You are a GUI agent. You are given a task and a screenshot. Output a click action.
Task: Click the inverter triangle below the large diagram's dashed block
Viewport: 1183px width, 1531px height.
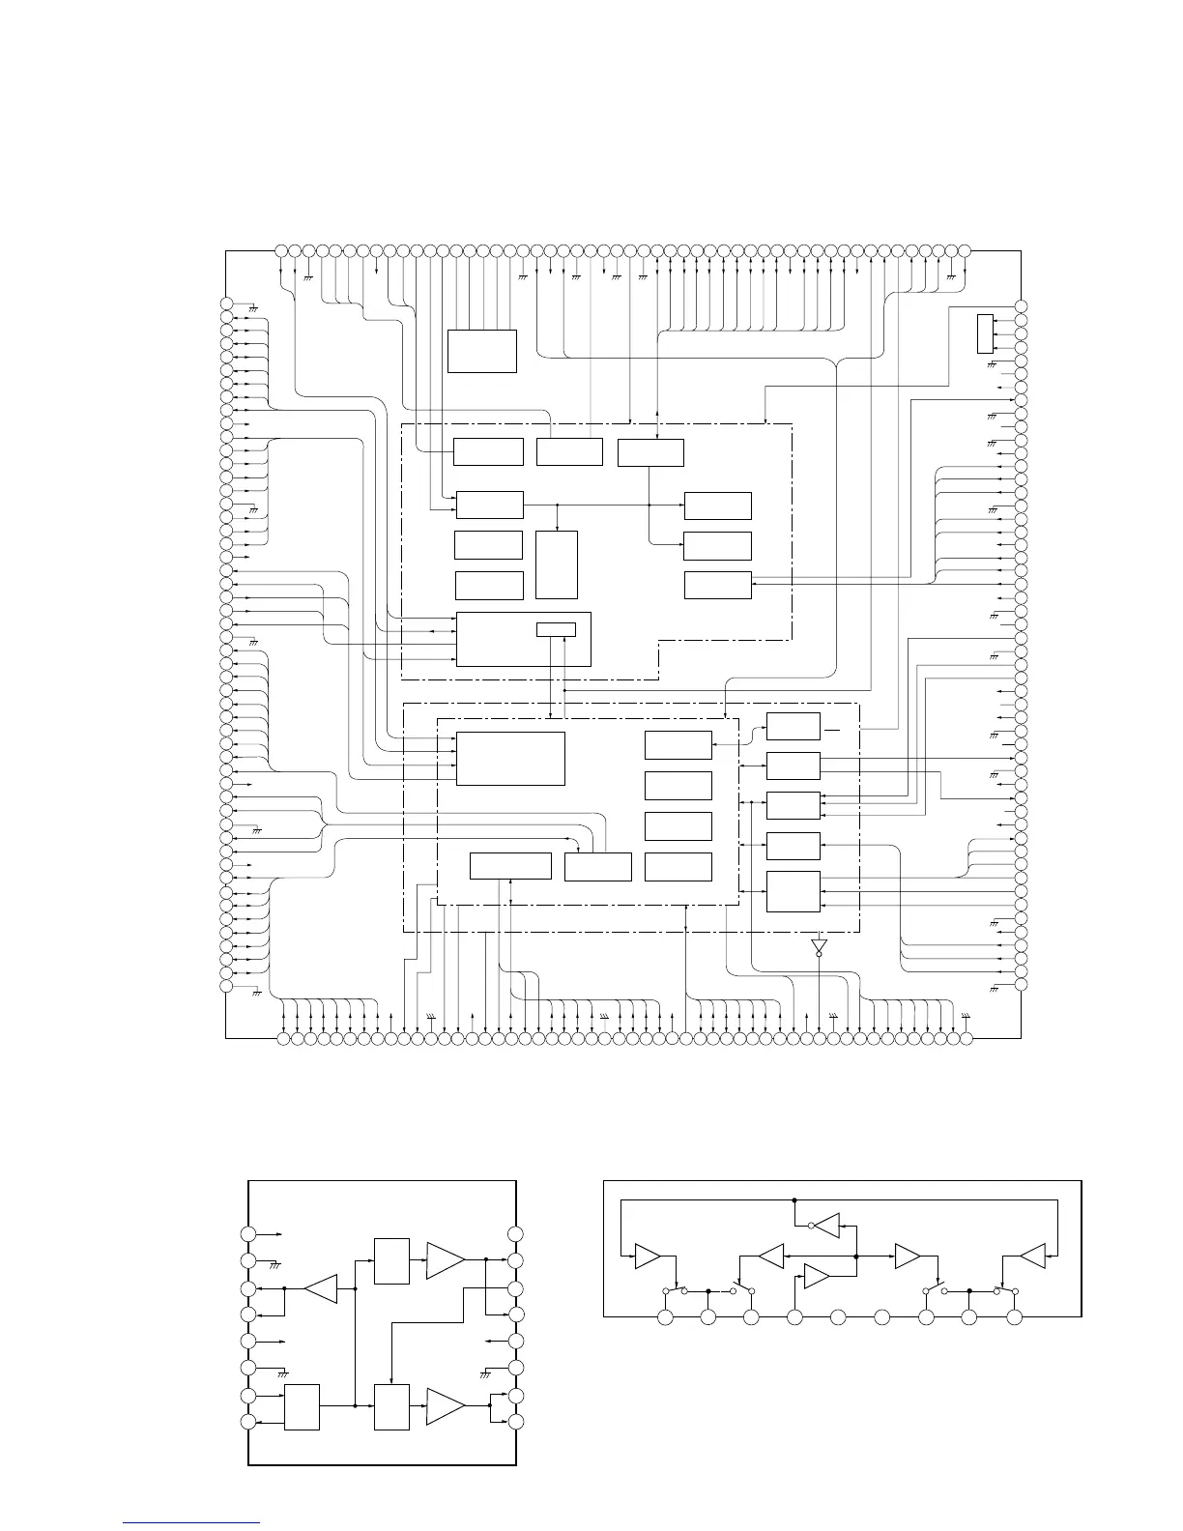(x=820, y=943)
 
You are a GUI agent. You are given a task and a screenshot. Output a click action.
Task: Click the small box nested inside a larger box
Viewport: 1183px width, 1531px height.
(x=556, y=630)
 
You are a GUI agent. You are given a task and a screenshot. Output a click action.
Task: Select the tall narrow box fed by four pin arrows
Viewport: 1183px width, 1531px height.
(x=985, y=333)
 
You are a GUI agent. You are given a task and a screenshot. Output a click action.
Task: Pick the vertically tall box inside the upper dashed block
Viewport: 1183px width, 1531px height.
(x=556, y=564)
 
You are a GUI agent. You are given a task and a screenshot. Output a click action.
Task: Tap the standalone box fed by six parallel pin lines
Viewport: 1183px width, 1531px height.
(x=481, y=351)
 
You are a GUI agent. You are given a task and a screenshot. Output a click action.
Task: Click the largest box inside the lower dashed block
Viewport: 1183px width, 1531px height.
(x=510, y=759)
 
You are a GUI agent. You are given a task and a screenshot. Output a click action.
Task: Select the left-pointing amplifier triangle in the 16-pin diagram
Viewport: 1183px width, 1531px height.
(x=320, y=1288)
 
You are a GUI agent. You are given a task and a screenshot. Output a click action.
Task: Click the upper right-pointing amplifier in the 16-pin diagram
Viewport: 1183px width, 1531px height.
(x=445, y=1259)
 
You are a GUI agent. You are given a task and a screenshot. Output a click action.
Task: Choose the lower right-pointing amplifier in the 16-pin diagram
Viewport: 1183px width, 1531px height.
(x=445, y=1406)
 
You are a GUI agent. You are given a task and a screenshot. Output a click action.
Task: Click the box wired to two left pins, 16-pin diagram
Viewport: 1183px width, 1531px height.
(x=303, y=1406)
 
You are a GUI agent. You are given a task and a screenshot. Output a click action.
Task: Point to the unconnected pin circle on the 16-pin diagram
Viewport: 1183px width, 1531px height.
(x=515, y=1233)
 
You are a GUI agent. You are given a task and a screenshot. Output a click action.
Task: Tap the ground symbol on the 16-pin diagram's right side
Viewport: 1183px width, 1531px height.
(x=486, y=1373)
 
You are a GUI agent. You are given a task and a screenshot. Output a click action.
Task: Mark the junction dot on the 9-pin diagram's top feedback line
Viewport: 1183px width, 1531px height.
(x=793, y=1200)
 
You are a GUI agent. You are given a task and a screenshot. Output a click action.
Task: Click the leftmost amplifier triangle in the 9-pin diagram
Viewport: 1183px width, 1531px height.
(x=647, y=1257)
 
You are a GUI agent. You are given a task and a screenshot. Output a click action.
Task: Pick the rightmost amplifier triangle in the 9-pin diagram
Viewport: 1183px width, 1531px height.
(x=1033, y=1257)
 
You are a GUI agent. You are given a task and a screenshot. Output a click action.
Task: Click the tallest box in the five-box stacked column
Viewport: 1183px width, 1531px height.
(x=793, y=890)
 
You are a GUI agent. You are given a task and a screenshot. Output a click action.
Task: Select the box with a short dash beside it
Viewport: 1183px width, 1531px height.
(x=793, y=727)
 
